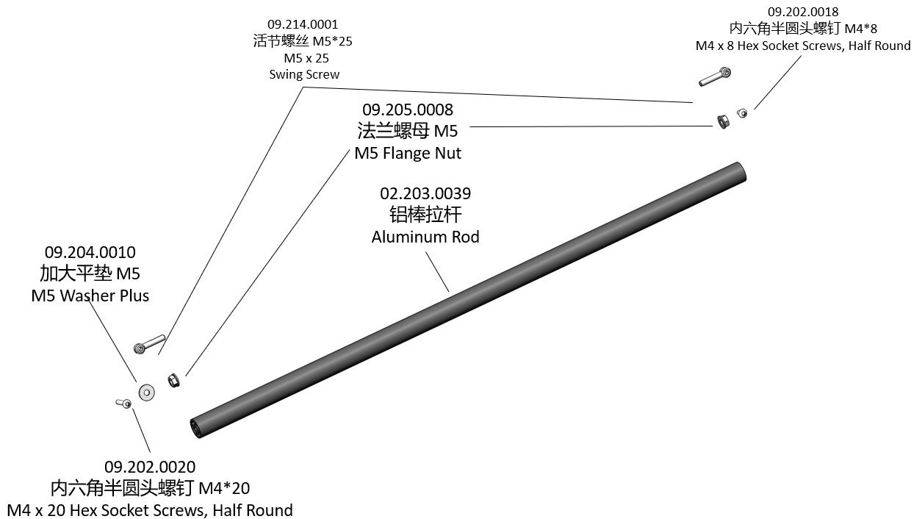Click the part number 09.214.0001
click(303, 24)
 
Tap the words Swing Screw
click(304, 74)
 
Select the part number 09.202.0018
click(803, 12)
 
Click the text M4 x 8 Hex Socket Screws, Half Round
click(803, 46)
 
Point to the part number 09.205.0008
click(408, 110)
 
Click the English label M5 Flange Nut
click(408, 153)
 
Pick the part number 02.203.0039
click(425, 193)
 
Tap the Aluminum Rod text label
click(425, 237)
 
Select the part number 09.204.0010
click(90, 252)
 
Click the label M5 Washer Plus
click(90, 296)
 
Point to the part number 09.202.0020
click(150, 467)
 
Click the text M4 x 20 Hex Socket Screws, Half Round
click(150, 510)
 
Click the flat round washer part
click(146, 393)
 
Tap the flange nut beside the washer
click(174, 380)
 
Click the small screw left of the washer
click(123, 403)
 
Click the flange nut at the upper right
click(723, 121)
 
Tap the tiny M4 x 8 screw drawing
click(742, 113)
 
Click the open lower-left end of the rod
click(197, 428)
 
